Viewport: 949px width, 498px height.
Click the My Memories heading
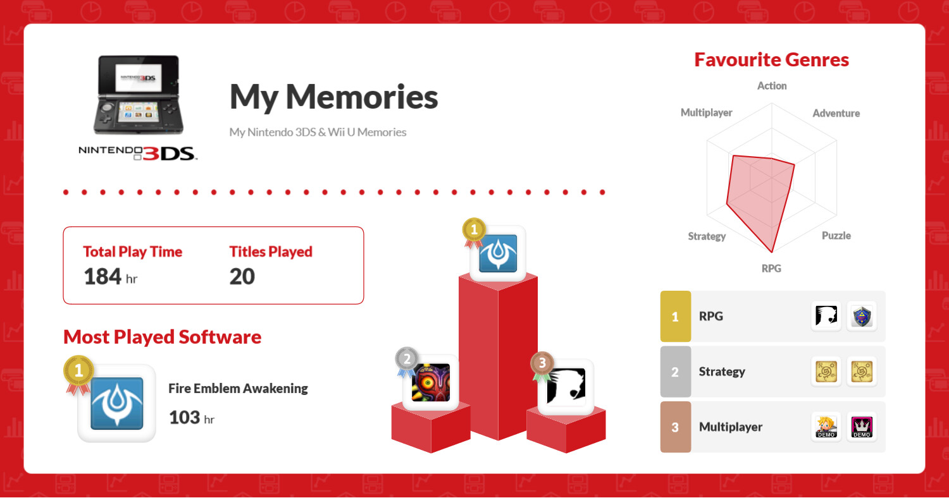[x=333, y=97]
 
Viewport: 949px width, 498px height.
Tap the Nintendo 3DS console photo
[x=139, y=95]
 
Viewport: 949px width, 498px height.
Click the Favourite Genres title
[x=771, y=59]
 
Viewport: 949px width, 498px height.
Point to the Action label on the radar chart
[x=772, y=86]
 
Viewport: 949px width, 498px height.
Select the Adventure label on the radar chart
[x=836, y=113]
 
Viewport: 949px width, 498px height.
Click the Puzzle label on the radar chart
[x=836, y=236]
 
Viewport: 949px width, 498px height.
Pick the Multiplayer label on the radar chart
[x=706, y=112]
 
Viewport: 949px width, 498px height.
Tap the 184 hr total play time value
[x=111, y=277]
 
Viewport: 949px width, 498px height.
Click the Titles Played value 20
[x=242, y=277]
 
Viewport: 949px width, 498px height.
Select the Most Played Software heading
[x=162, y=337]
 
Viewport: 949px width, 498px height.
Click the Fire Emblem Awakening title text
[x=238, y=389]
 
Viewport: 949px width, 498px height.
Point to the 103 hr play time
[x=192, y=418]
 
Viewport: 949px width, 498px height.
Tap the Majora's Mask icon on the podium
[x=430, y=382]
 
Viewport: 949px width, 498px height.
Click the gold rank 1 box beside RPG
[x=675, y=316]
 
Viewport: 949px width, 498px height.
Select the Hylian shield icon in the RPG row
[x=862, y=317]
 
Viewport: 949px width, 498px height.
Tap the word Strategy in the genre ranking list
[x=721, y=372]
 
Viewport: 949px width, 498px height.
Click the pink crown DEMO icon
[x=862, y=427]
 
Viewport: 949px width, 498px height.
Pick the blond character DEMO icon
[x=826, y=427]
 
